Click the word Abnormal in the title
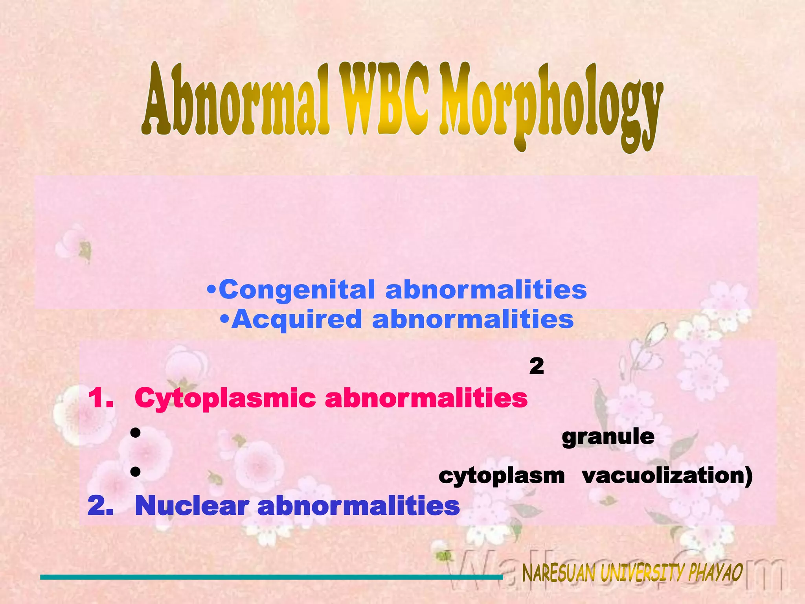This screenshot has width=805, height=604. [236, 100]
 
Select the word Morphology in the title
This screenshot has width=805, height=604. [550, 104]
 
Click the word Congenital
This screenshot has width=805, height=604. [297, 290]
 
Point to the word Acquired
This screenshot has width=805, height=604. [297, 319]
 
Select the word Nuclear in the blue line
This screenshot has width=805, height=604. [191, 506]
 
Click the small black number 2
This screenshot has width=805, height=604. [537, 366]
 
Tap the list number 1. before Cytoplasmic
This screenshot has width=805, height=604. [101, 398]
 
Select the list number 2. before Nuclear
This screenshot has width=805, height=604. [101, 506]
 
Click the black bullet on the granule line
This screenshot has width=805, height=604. [136, 433]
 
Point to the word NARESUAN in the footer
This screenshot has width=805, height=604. [559, 573]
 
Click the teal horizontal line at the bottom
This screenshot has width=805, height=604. [271, 577]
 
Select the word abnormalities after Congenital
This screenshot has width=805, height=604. [486, 290]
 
